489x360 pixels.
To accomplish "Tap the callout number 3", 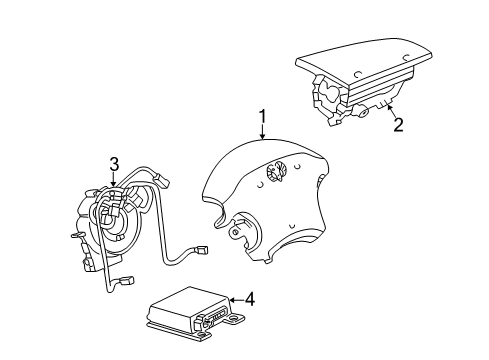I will (x=114, y=162).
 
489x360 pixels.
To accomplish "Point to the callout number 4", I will (x=250, y=297).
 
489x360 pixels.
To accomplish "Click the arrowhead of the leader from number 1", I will (x=262, y=164).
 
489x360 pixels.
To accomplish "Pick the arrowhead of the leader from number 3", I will (x=114, y=185).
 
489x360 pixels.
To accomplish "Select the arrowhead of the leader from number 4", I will (x=229, y=298).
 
